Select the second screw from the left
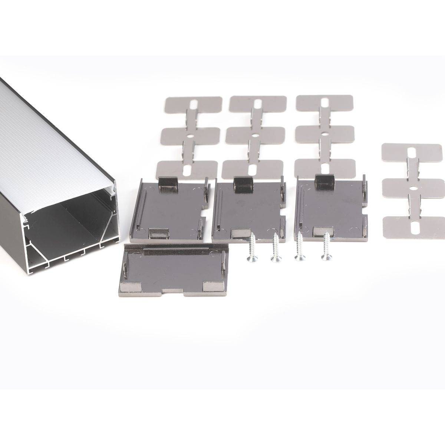click(275, 248)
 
